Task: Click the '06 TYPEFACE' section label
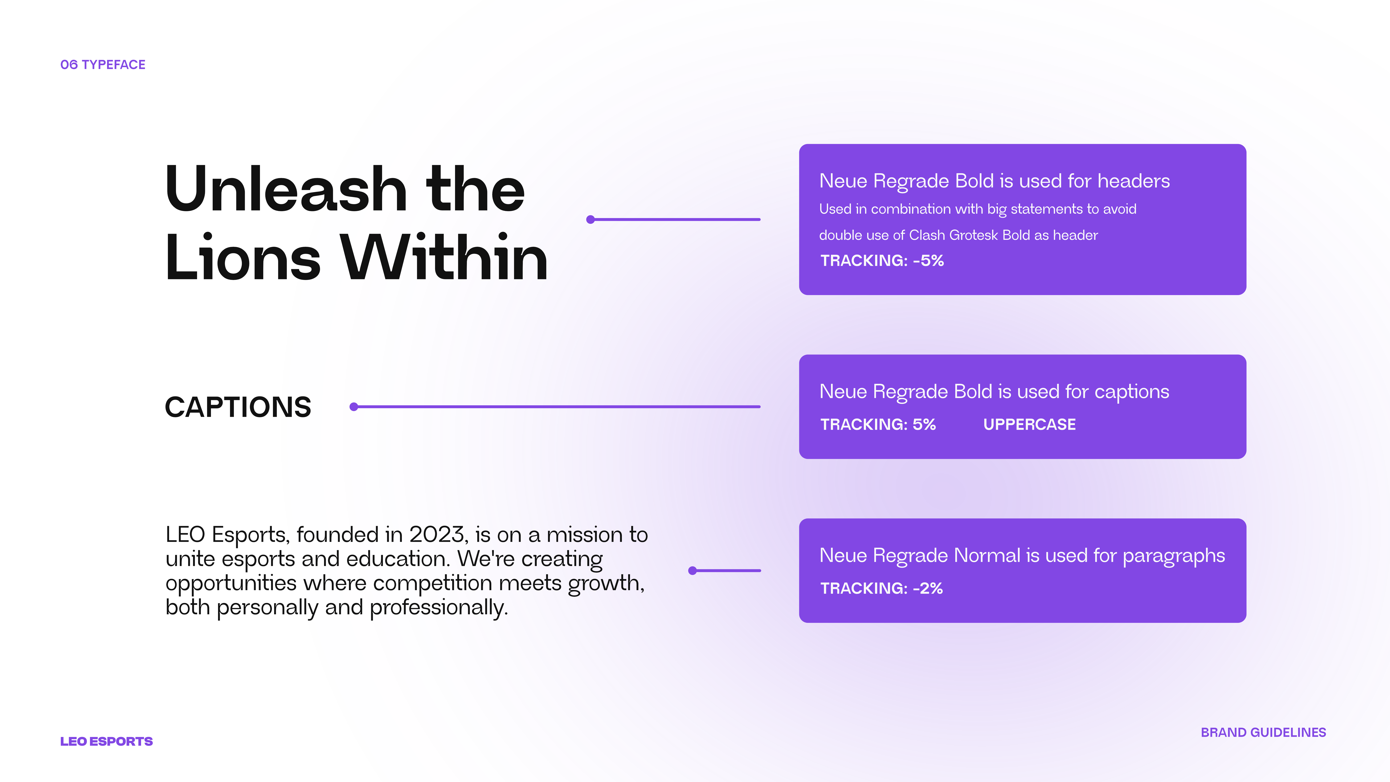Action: click(x=103, y=65)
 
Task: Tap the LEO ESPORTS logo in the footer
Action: click(x=106, y=742)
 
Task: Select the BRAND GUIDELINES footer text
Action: click(x=1263, y=732)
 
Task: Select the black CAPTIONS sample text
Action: click(x=238, y=407)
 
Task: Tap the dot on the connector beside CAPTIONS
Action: click(x=354, y=407)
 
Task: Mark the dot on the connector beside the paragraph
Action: click(x=693, y=571)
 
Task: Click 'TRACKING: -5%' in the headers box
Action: click(x=882, y=261)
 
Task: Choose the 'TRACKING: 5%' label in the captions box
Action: click(x=878, y=425)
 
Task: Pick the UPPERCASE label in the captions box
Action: click(x=1029, y=425)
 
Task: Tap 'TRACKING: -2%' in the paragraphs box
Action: click(x=882, y=588)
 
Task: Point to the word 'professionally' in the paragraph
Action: click(x=437, y=608)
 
